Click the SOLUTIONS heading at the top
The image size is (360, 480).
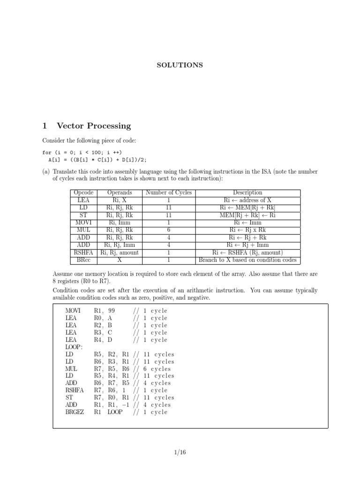(180, 65)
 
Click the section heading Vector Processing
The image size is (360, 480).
(94, 126)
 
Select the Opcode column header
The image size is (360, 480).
(84, 193)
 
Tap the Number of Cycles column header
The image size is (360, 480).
(169, 193)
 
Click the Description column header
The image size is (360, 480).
(247, 193)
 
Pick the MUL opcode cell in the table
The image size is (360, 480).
(84, 230)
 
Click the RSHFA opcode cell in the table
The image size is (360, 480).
(84, 253)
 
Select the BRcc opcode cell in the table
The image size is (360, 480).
(84, 260)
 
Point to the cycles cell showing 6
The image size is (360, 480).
(169, 230)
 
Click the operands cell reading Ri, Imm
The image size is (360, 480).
(120, 223)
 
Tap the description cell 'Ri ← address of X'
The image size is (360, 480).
(247, 200)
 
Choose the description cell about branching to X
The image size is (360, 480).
(247, 260)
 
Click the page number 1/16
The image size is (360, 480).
(180, 452)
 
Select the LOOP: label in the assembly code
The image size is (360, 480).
(74, 347)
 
